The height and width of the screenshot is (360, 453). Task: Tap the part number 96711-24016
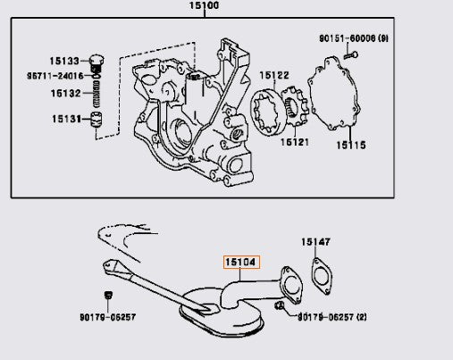(54, 77)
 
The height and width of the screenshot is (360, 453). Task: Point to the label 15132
(65, 94)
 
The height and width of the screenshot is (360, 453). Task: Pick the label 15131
(65, 118)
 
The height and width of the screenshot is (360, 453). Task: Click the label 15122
(274, 75)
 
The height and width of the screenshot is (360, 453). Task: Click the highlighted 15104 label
(239, 263)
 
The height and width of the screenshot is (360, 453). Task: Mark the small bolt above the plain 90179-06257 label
(107, 297)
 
